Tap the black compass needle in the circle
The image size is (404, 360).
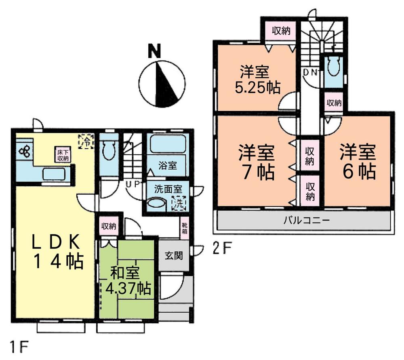pyautogui.click(x=168, y=83)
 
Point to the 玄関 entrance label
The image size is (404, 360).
pyautogui.click(x=174, y=255)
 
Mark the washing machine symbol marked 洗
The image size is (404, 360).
pyautogui.click(x=178, y=202)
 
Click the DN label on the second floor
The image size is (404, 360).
pyautogui.click(x=311, y=73)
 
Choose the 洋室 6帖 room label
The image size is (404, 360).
pyautogui.click(x=358, y=162)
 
